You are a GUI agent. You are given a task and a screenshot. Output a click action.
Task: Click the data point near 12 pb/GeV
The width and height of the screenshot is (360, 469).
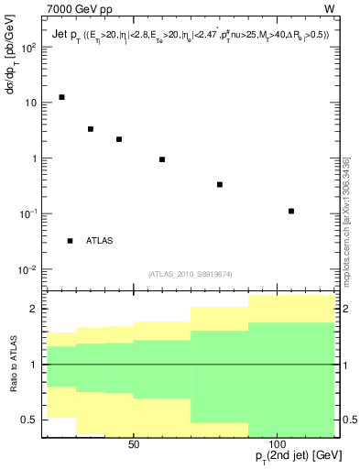61,97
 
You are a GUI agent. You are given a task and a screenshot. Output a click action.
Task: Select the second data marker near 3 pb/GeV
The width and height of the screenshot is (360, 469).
91,129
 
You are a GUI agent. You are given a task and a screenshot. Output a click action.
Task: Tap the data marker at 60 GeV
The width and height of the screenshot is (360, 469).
162,159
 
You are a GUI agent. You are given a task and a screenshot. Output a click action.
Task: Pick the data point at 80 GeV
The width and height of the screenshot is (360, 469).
220,184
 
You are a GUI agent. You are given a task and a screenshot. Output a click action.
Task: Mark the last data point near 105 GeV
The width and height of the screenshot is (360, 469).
291,211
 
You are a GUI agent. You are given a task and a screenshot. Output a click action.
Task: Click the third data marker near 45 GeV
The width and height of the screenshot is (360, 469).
119,139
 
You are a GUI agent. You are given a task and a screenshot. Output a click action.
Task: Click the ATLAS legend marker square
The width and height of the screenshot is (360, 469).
70,241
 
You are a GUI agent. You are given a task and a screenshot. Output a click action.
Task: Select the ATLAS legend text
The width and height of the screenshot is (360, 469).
100,241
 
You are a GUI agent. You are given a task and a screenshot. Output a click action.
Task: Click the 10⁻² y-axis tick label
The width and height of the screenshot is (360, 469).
27,270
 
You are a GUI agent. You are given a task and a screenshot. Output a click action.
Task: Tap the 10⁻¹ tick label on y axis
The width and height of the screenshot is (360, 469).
27,214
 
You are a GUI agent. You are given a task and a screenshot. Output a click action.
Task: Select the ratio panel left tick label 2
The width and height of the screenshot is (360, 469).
35,309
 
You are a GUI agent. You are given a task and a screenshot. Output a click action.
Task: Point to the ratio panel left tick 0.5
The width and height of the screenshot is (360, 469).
31,420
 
